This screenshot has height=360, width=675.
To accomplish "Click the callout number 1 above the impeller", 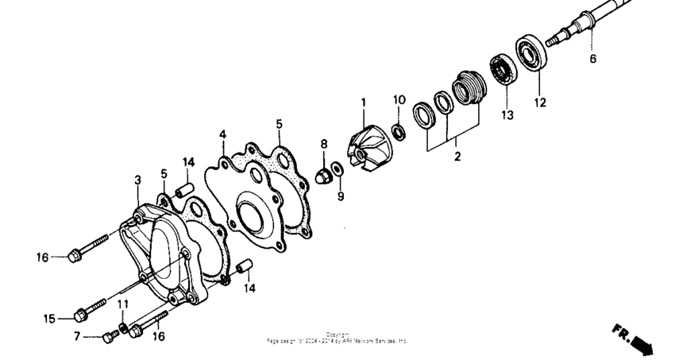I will tap(363, 103).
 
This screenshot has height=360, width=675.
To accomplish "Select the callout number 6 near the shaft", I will tap(592, 58).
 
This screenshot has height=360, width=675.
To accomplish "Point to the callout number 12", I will tap(540, 102).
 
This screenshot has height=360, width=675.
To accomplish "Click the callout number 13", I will tap(507, 115).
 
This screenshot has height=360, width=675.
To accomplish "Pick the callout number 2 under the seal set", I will tap(457, 157).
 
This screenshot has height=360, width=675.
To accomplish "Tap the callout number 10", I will tap(399, 100).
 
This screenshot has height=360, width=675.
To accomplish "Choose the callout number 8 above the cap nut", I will tap(324, 144).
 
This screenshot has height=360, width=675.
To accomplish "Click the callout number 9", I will tap(341, 195).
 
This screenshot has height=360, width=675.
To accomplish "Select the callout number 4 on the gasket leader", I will tap(223, 134).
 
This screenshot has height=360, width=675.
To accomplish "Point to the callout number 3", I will tap(137, 181).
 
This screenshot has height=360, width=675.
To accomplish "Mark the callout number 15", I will tap(49, 319).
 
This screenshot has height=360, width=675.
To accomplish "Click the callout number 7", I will tap(78, 337).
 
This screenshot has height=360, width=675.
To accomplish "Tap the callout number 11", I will tap(123, 304).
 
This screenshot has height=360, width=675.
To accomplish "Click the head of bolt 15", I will tap(79, 316).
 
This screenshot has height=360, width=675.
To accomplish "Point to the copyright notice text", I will tap(337, 338).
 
